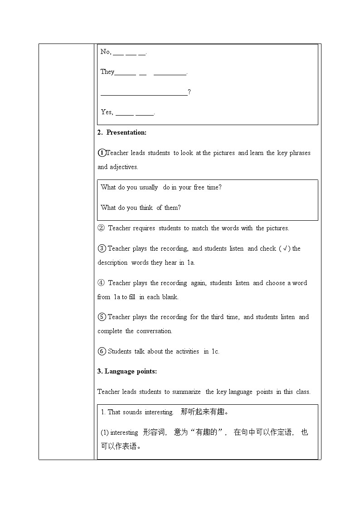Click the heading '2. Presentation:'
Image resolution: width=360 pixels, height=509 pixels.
122,132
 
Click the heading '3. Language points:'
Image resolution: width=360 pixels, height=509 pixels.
127,371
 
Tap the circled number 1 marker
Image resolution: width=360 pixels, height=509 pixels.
102,153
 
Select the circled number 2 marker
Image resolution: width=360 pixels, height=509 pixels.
101,228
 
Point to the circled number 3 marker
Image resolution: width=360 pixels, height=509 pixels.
102,248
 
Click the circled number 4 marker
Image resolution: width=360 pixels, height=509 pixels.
101,283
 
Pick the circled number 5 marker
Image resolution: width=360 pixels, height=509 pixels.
102,317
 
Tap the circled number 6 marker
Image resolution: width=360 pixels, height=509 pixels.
102,351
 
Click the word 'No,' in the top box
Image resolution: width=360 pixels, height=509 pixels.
106,52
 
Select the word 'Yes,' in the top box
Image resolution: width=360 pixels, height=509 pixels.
107,112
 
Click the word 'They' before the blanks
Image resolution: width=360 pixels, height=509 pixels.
107,72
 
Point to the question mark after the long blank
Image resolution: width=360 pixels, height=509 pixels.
189,92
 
